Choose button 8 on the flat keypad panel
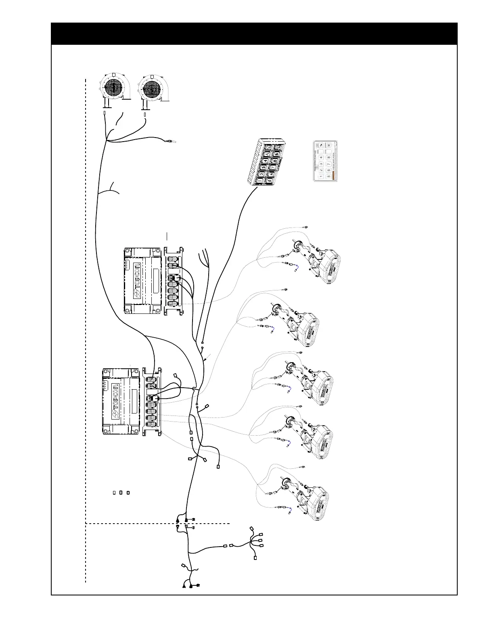click(329, 158)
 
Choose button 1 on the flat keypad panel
click(321, 177)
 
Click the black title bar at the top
click(254, 34)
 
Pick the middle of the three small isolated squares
click(121, 493)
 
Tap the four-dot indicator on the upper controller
click(127, 264)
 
